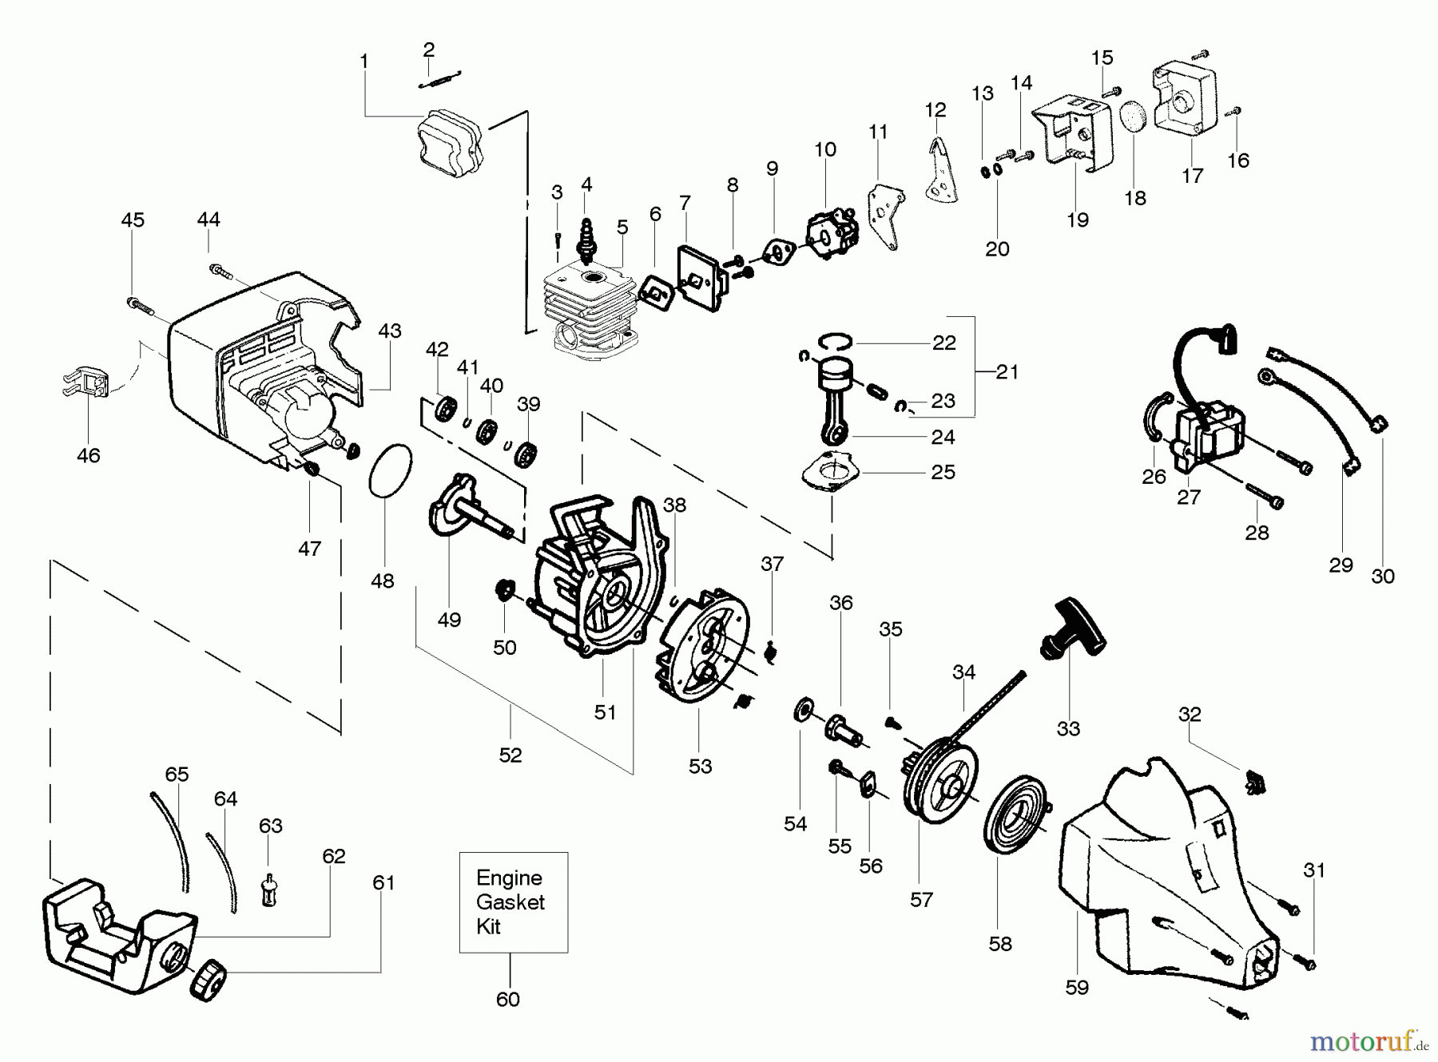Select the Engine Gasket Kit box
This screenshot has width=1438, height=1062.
[514, 902]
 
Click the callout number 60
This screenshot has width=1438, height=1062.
[508, 999]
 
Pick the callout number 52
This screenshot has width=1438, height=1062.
[510, 755]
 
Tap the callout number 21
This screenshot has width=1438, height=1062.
[1007, 371]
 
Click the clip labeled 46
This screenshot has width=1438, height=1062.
[84, 384]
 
